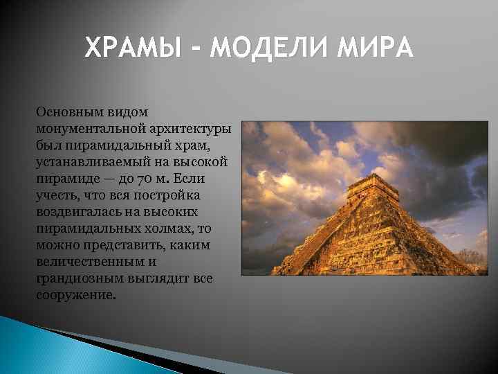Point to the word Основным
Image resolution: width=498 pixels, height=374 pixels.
(68, 112)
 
